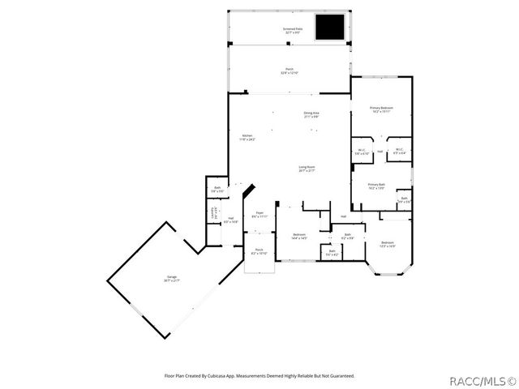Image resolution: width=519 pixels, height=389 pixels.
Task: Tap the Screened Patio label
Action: (x=293, y=30)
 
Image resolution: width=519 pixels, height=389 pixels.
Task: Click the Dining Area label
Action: (x=311, y=114)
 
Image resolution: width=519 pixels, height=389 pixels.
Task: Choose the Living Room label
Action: (x=307, y=169)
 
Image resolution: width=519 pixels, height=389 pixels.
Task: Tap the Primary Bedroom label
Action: (x=381, y=109)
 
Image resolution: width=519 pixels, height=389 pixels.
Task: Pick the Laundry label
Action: (x=214, y=213)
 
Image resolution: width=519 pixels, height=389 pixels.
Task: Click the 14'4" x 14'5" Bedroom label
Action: (x=298, y=236)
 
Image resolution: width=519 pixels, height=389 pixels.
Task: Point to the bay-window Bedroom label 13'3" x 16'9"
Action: (x=388, y=244)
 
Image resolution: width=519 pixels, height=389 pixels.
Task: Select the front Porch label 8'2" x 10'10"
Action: (x=259, y=250)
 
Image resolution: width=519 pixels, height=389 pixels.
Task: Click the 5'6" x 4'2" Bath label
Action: (x=332, y=253)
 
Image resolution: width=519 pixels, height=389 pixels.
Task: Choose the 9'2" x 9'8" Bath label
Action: (x=347, y=237)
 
